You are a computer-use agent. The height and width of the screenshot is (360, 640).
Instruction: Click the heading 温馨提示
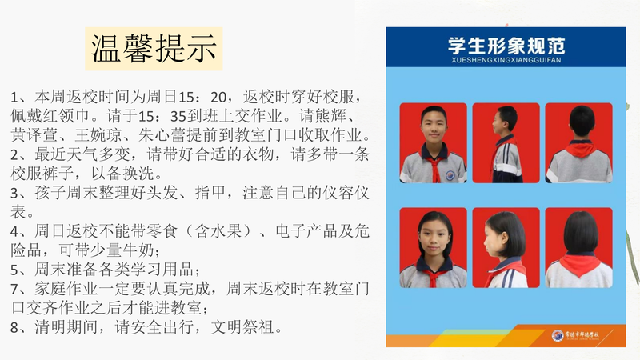coord(154,49)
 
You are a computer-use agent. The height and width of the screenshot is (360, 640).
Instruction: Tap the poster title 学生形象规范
coord(506,46)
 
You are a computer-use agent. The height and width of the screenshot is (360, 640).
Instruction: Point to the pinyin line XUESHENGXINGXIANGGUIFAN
coord(506,60)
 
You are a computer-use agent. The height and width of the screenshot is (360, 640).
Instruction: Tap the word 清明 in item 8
coord(50,327)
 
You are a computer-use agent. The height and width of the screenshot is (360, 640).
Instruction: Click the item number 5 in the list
coord(14,270)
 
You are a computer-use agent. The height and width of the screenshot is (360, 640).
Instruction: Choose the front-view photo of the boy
coord(433,143)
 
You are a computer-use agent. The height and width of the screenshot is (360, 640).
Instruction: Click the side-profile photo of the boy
coord(506,143)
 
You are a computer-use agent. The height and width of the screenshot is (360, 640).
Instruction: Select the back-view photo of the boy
coord(578,143)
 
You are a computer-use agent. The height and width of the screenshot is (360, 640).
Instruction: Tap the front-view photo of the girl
coord(433,248)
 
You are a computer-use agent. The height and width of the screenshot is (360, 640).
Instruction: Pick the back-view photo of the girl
coord(578,248)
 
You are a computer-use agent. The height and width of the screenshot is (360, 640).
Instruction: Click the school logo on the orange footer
coord(557,335)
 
